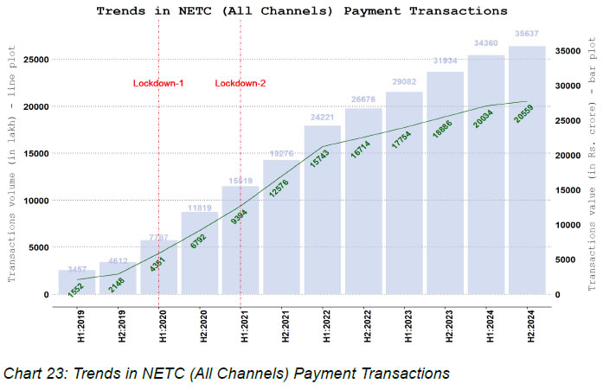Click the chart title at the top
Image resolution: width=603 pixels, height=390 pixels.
point(301,12)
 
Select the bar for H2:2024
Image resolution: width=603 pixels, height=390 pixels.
point(527,173)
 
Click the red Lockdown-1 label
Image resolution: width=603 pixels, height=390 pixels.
point(158,83)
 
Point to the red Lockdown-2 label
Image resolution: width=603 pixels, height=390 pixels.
point(241,83)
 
